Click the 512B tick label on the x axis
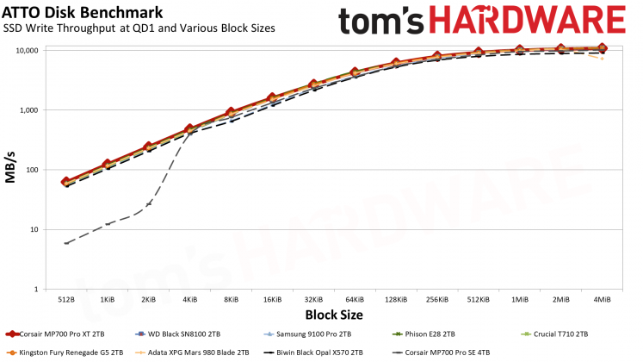tap(66, 299)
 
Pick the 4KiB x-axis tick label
tap(189, 299)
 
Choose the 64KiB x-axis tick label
tap(354, 299)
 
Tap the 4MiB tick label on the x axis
tap(601, 299)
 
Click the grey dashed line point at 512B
tap(66, 243)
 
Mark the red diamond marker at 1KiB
tap(108, 164)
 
